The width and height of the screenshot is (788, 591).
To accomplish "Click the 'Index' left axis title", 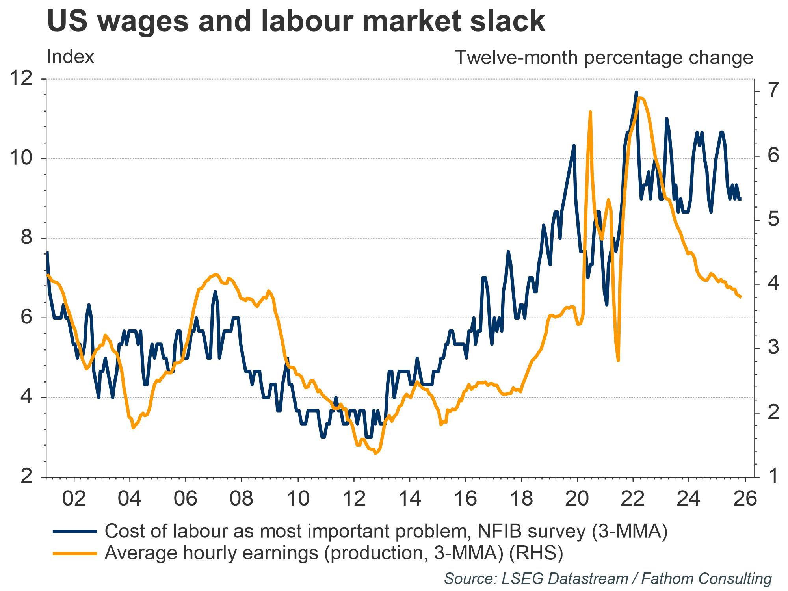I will click(x=71, y=57).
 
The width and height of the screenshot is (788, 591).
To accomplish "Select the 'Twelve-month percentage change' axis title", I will click(x=604, y=58).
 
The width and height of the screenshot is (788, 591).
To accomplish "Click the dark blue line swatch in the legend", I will click(x=74, y=532).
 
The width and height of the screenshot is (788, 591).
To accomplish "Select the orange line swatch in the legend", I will click(x=74, y=553).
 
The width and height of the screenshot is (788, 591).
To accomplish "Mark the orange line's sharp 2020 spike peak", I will click(x=590, y=112).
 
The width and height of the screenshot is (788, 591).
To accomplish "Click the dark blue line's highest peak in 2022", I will click(x=636, y=92).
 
